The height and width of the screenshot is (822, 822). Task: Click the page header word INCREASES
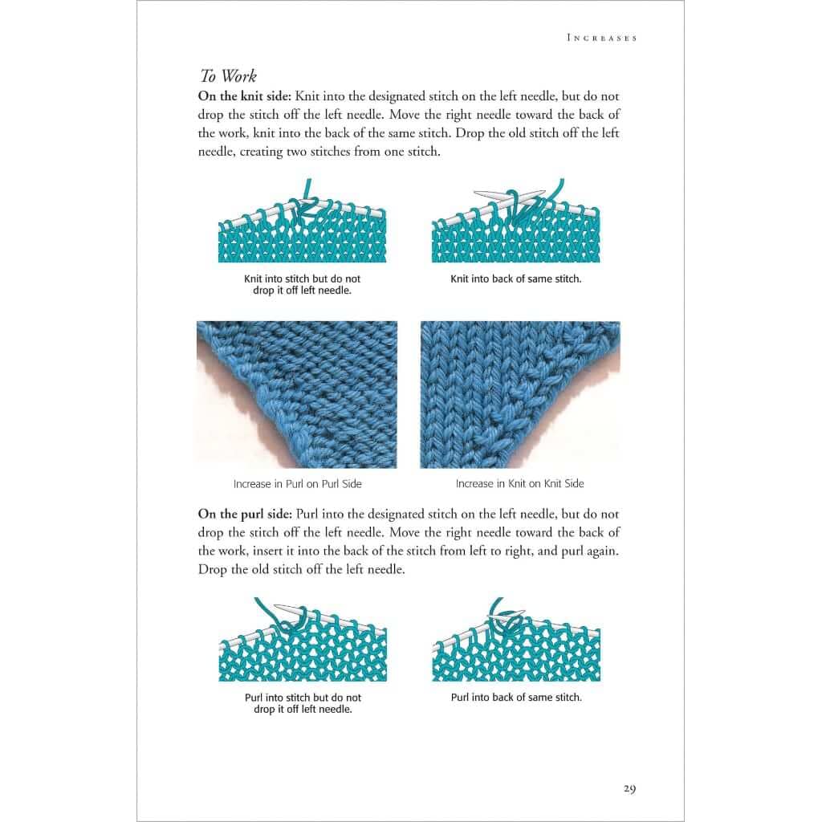601,38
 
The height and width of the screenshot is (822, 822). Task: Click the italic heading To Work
228,76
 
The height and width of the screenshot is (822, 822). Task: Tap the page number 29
629,788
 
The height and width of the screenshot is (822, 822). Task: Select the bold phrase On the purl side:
246,514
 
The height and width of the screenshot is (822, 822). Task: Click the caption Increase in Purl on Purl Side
297,484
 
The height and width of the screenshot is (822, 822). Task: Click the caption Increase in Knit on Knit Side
519,484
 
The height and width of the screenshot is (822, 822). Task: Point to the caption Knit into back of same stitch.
516,279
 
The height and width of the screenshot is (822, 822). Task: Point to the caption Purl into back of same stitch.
516,698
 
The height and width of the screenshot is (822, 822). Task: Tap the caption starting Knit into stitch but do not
302,284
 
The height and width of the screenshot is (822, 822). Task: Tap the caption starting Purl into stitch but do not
302,703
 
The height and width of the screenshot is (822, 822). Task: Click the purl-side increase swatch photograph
297,394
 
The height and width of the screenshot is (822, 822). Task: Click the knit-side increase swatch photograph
519,394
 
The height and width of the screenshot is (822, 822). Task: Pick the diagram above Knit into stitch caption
302,229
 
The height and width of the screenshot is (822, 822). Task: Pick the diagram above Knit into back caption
516,229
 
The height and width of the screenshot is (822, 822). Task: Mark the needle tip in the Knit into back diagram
479,193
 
